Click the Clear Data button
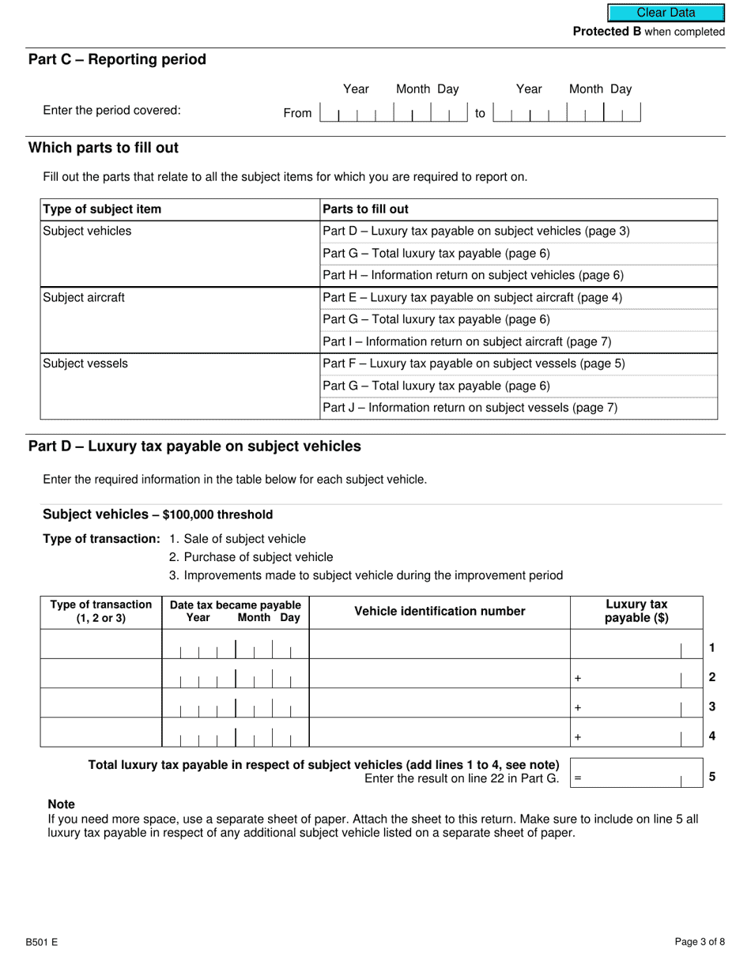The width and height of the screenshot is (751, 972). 666,13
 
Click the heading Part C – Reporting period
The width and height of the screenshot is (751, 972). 117,60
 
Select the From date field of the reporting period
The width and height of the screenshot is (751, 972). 394,112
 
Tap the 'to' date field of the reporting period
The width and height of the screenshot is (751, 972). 566,112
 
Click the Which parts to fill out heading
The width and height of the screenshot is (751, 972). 104,149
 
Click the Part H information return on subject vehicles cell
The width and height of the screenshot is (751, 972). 473,276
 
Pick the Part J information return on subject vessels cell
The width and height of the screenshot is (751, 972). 470,409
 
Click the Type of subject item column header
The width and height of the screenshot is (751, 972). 102,209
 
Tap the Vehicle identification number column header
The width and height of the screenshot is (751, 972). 440,612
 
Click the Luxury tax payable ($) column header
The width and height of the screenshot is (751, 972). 636,612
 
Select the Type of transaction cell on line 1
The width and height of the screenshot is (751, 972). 101,645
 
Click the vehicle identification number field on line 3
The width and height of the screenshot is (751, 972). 440,703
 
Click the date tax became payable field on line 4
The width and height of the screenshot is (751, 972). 236,733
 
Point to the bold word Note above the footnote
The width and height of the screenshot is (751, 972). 62,804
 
